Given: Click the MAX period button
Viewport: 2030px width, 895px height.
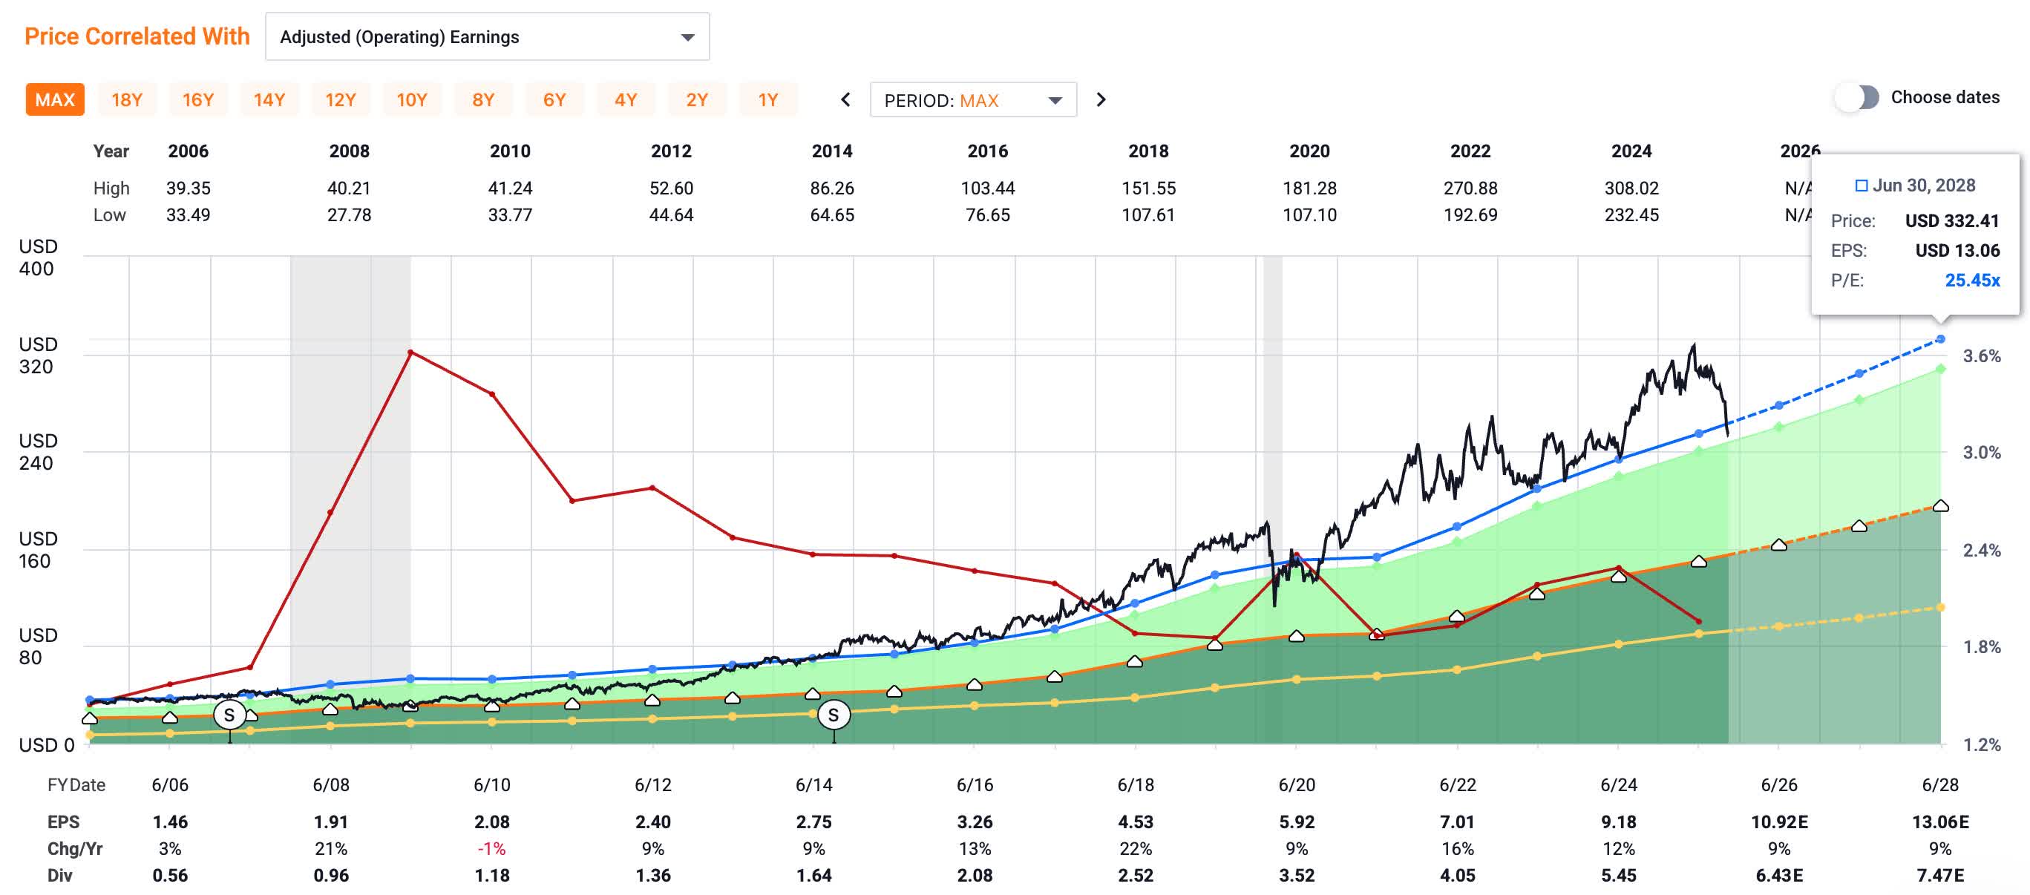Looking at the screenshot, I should tap(54, 100).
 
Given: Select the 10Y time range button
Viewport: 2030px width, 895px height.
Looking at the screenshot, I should tap(411, 100).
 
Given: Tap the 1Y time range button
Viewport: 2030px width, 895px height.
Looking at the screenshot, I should tap(767, 100).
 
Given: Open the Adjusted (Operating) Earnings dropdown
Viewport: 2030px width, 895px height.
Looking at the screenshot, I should tap(487, 37).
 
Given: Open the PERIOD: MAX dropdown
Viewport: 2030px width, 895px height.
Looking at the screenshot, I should tap(972, 100).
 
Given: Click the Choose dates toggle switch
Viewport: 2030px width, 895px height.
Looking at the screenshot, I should tap(1857, 98).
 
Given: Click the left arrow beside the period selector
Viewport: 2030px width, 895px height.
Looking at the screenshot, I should tap(845, 100).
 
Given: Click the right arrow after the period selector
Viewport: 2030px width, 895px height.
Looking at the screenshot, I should tap(1101, 100).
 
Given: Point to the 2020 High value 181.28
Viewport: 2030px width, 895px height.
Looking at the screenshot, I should tap(1309, 188).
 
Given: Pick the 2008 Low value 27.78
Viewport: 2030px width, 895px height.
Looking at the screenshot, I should tap(349, 215).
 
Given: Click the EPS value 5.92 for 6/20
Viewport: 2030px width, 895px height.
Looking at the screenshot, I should tap(1297, 822).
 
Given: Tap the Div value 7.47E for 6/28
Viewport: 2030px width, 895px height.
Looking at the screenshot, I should tap(1939, 875).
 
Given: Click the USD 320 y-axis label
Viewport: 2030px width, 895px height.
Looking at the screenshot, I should tap(36, 355).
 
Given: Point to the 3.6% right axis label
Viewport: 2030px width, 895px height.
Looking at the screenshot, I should tap(1980, 356).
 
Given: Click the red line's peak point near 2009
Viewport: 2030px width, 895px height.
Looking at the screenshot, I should tap(410, 353).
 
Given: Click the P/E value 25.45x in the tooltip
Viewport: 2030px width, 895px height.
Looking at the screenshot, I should tap(1971, 281).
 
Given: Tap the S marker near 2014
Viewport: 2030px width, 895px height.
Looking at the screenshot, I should tap(833, 715).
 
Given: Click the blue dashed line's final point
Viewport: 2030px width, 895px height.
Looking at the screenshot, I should tap(1940, 338).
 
